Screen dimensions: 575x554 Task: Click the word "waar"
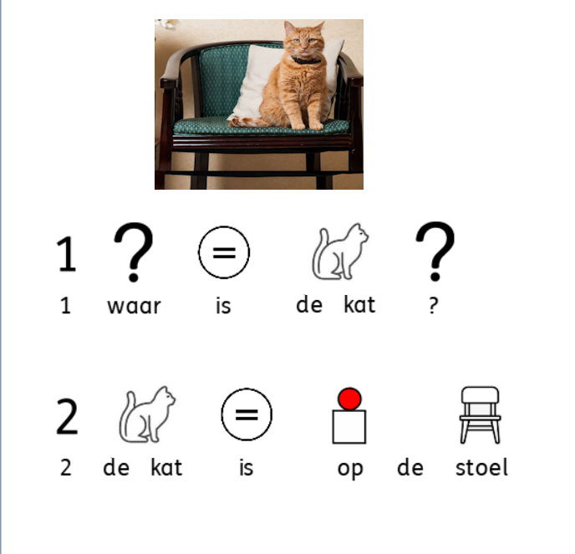point(134,307)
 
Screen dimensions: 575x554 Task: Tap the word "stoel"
point(481,467)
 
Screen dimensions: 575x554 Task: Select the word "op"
point(350,470)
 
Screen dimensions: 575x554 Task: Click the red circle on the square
point(349,399)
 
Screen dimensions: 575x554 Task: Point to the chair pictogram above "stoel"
point(480,414)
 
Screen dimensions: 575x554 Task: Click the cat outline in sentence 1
point(340,252)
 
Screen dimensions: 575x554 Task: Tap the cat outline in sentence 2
point(147,414)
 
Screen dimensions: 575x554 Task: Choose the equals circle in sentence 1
point(224,252)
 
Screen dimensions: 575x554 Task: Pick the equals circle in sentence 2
point(247,414)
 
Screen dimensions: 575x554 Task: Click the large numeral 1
point(66,254)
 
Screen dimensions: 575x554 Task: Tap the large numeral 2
point(67,416)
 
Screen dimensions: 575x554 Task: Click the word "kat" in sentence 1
point(359,305)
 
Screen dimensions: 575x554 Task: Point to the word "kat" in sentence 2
point(166,467)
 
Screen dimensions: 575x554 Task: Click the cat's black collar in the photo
point(306,60)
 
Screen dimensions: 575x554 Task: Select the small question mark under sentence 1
point(433,306)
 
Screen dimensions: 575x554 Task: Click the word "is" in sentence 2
point(246,467)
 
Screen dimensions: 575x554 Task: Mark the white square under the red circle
point(349,427)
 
